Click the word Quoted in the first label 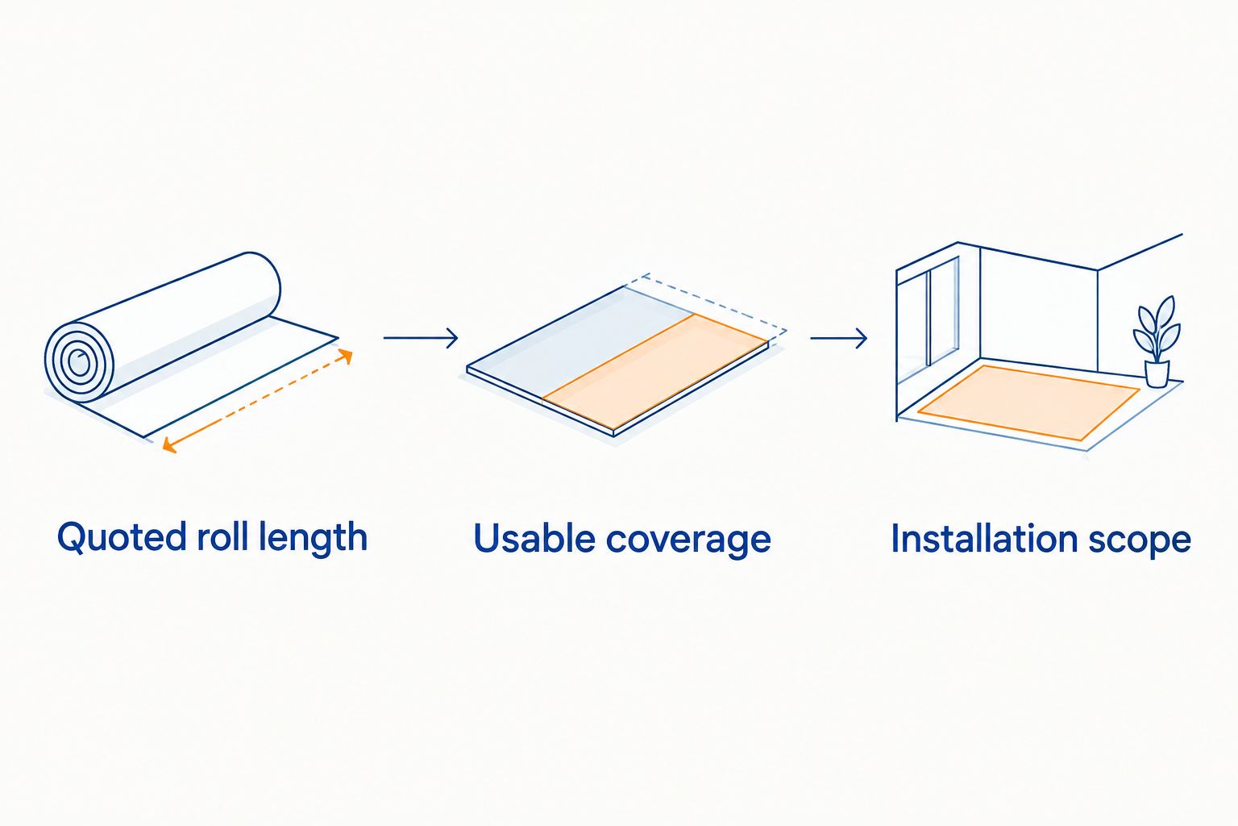pyautogui.click(x=121, y=537)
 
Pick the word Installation pyautogui.click(x=984, y=537)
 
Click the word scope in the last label pyautogui.click(x=1139, y=541)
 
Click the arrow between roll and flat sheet pyautogui.click(x=421, y=337)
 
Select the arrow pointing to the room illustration pyautogui.click(x=838, y=338)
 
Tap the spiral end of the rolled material pyautogui.click(x=79, y=362)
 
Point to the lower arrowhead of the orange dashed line pyautogui.click(x=168, y=444)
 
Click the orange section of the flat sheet pyautogui.click(x=655, y=372)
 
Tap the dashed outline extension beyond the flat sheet pyautogui.click(x=713, y=303)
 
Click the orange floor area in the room pyautogui.click(x=1028, y=403)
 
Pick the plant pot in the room pyautogui.click(x=1157, y=373)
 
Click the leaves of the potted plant pyautogui.click(x=1157, y=328)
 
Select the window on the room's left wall pyautogui.click(x=928, y=321)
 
